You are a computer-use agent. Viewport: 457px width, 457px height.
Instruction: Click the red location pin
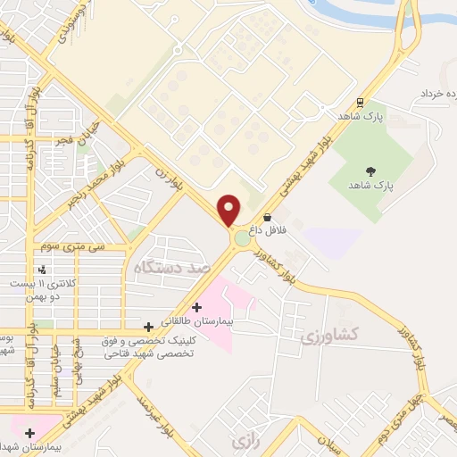pyautogui.click(x=229, y=210)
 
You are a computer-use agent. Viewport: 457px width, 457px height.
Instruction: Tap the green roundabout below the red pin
pyautogui.click(x=242, y=238)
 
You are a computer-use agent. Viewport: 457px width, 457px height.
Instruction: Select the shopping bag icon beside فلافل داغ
pyautogui.click(x=268, y=216)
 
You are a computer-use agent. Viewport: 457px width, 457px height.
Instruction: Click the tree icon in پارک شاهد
pyautogui.click(x=370, y=171)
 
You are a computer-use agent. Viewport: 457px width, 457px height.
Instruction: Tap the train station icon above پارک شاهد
pyautogui.click(x=360, y=102)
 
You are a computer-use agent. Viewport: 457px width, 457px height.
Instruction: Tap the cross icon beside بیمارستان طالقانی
pyautogui.click(x=196, y=307)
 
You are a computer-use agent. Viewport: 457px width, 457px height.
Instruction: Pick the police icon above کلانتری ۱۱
pyautogui.click(x=42, y=270)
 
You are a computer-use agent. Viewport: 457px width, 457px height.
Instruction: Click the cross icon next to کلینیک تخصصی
pyautogui.click(x=148, y=328)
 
